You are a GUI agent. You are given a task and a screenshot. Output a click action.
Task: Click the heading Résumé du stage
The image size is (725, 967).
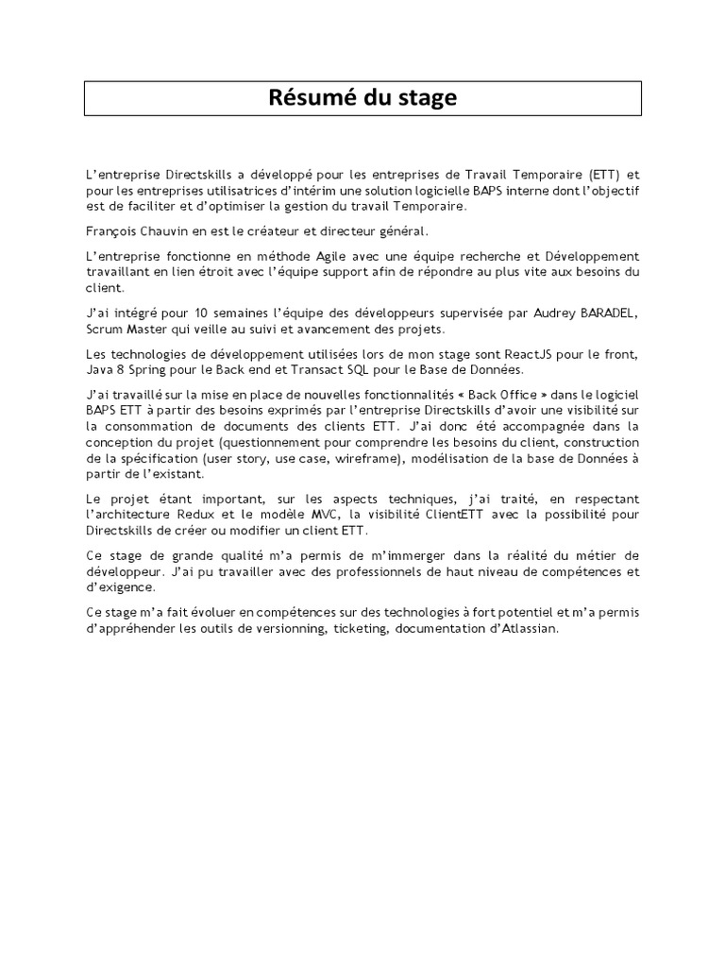point(362,97)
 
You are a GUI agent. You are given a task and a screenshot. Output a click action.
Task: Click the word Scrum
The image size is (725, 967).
point(102,329)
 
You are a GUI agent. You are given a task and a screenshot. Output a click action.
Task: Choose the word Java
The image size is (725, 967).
point(99,368)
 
